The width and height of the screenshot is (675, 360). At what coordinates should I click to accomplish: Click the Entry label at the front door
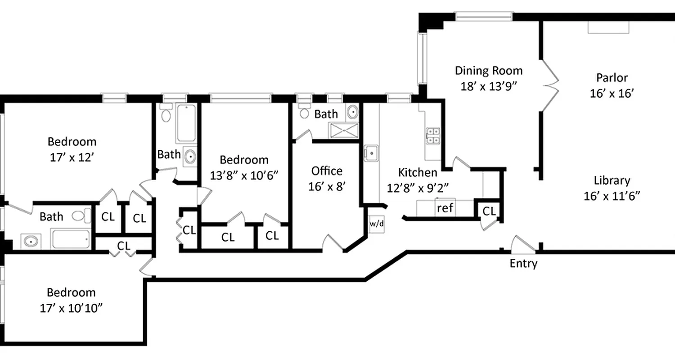coord(523,263)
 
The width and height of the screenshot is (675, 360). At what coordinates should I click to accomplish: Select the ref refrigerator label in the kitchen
coord(445,208)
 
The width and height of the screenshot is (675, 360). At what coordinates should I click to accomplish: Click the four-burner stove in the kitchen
coord(433,135)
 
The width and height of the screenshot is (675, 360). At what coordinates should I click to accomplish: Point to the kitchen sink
coord(372,153)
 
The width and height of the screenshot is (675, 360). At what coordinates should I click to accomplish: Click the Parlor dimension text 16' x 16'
coord(612,93)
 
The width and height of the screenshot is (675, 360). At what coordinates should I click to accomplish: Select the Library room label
coord(612,180)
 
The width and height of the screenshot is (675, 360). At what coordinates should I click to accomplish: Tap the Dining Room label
coord(489,71)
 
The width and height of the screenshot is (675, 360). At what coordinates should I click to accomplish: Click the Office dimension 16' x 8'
coord(327,186)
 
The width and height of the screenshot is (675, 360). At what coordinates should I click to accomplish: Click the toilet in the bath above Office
coord(305,111)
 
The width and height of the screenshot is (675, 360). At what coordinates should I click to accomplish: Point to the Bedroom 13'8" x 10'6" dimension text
coord(243,175)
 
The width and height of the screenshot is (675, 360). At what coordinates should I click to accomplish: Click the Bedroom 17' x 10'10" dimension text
coord(72,308)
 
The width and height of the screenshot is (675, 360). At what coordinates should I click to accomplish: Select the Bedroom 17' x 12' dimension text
coord(72,157)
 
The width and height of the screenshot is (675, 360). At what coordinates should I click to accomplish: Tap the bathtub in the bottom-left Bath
coord(71,238)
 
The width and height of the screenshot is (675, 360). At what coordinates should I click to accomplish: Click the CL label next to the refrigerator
coord(489,211)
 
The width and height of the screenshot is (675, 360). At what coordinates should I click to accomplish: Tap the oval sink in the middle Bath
coord(190,157)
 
